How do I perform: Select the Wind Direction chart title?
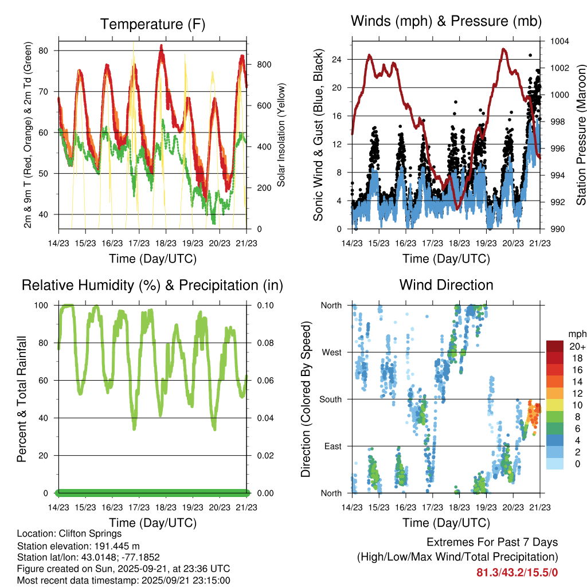point(446,285)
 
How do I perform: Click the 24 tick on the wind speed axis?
point(337,59)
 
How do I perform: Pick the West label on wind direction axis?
point(331,352)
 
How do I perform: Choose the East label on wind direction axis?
point(332,446)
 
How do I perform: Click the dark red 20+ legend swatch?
point(555,346)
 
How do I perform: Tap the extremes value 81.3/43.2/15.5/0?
point(517,572)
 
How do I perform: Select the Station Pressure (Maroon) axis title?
point(581,135)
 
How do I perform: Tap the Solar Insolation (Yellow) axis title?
point(281,135)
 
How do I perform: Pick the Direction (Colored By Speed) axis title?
point(306,399)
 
